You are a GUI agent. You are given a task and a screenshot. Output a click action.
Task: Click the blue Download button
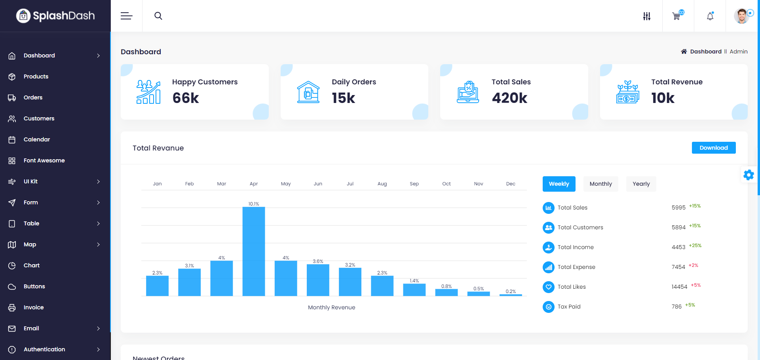click(x=713, y=148)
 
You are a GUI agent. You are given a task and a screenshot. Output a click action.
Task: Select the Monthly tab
click(x=600, y=184)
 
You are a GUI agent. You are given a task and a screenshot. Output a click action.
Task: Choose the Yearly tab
click(x=641, y=184)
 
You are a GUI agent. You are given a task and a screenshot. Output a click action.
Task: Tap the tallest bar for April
click(x=254, y=251)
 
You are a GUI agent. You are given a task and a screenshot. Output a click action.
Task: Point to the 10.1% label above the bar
click(x=254, y=204)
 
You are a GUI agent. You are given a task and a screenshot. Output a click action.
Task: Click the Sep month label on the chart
click(x=414, y=184)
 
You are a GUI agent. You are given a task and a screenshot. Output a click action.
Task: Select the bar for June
click(x=318, y=280)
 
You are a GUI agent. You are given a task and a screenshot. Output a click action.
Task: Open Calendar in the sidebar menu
click(x=36, y=139)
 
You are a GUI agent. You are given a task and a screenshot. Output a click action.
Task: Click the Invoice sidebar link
click(x=34, y=307)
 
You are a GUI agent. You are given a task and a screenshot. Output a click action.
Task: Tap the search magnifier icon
click(x=158, y=16)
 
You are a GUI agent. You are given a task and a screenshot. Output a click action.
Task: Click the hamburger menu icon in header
click(x=126, y=16)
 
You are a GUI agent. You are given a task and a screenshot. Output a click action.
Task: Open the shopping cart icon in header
click(x=676, y=16)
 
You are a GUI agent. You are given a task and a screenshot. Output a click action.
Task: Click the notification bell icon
click(x=710, y=16)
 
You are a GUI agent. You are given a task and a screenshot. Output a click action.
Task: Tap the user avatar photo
click(x=741, y=16)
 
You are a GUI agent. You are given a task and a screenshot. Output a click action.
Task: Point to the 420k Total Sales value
click(x=509, y=98)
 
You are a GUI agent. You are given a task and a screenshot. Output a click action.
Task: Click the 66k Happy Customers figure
click(x=186, y=98)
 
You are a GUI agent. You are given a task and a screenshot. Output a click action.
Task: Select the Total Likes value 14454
click(x=679, y=287)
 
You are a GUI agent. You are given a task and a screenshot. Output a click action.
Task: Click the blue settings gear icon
click(x=749, y=175)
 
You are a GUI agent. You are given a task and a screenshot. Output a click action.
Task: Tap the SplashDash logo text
click(x=64, y=16)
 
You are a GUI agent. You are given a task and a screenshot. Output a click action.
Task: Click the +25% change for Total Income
click(x=695, y=246)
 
